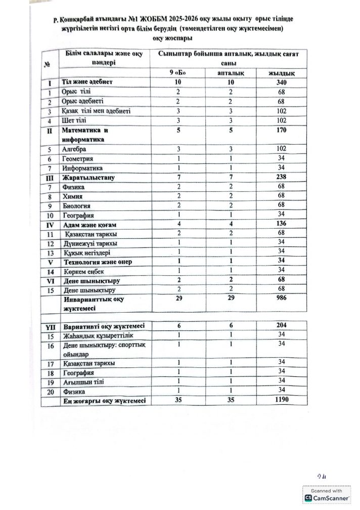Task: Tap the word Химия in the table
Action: pyautogui.click(x=72, y=196)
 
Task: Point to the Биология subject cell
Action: pyautogui.click(x=76, y=206)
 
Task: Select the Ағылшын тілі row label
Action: pyautogui.click(x=79, y=382)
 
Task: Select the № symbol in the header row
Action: pyautogui.click(x=48, y=64)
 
